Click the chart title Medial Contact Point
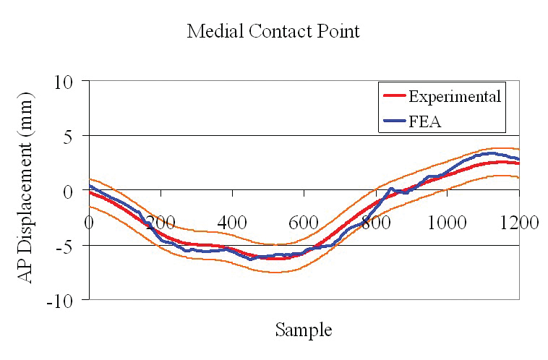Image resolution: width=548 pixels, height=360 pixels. [273, 32]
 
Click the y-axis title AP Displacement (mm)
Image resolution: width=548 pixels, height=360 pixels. [27, 188]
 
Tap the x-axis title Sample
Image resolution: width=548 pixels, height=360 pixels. [304, 330]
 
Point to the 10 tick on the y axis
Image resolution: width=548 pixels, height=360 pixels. [67, 81]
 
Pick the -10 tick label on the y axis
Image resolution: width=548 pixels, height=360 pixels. [64, 299]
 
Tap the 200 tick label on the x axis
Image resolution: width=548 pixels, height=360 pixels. [160, 221]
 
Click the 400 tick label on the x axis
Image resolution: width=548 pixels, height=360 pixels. [232, 221]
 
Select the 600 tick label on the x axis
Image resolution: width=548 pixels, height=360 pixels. [304, 221]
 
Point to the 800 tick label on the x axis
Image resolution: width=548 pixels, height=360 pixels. [375, 221]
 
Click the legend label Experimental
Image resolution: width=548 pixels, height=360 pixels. [454, 96]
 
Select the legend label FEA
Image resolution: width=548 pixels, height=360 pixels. [424, 121]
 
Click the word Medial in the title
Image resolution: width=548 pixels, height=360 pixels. [212, 32]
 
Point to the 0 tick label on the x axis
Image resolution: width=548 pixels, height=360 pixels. [89, 221]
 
